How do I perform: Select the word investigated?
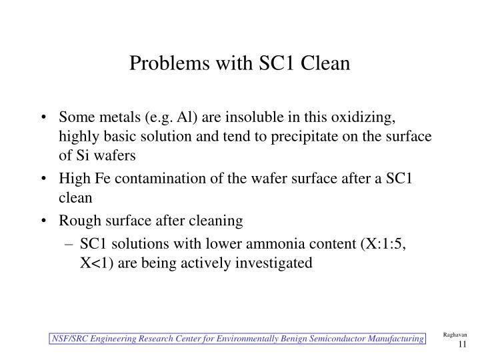pyautogui.click(x=275, y=263)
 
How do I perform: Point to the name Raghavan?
pyautogui.click(x=455, y=335)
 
